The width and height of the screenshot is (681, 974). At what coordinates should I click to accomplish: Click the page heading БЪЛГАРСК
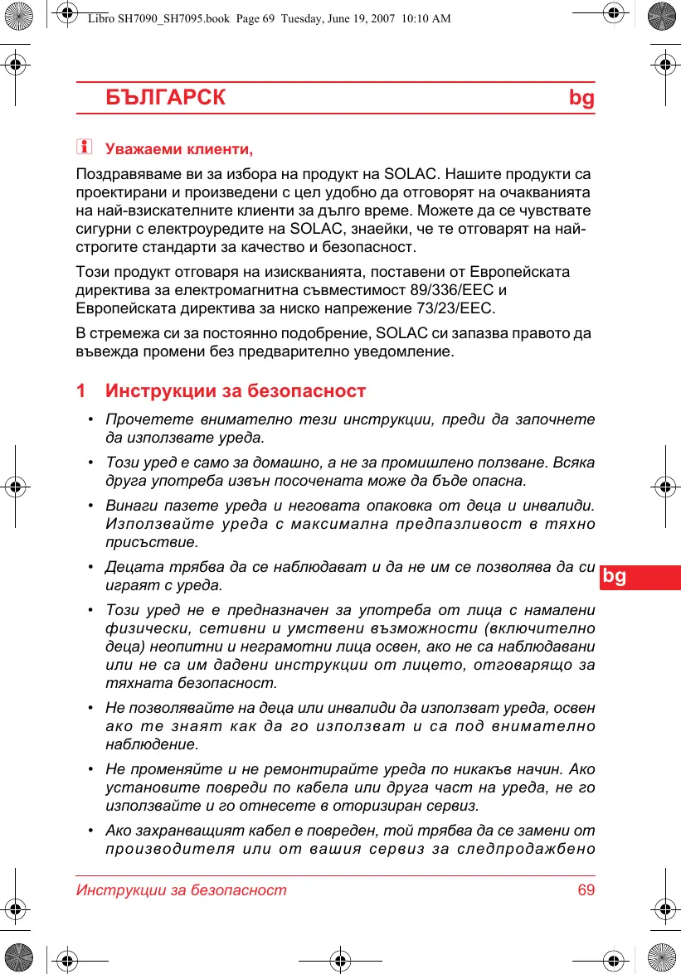pos(165,98)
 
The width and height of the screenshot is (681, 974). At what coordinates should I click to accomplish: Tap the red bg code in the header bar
pos(581,98)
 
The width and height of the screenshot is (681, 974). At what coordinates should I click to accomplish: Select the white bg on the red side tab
pos(615,576)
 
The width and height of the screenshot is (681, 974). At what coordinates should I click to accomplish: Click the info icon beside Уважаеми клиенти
pos(83,148)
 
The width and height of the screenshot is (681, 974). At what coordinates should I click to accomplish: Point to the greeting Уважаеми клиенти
pos(178,150)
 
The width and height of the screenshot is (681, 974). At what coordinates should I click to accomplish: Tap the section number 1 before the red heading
pos(80,390)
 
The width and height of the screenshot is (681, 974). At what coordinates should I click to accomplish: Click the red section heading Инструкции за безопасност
pos(236,390)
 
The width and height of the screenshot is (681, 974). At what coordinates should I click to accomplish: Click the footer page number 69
pos(586,890)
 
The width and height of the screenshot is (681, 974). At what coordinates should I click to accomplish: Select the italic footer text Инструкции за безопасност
pos(182,890)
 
